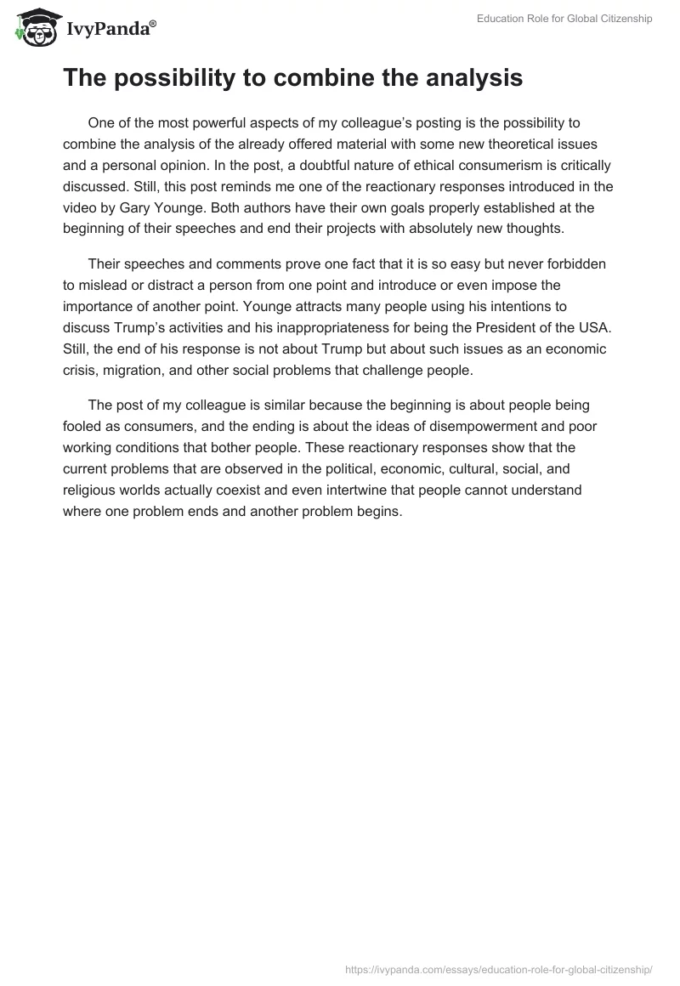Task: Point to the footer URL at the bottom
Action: point(499,968)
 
